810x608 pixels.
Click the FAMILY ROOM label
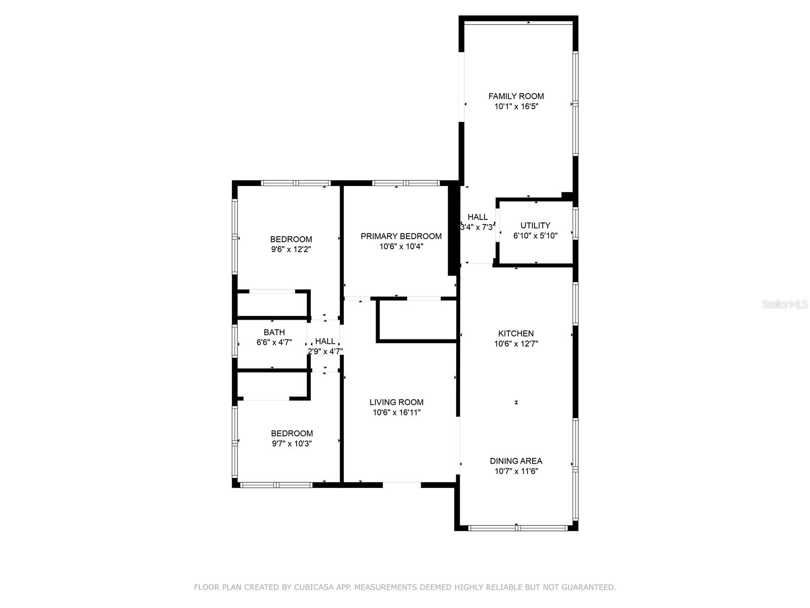[x=516, y=96]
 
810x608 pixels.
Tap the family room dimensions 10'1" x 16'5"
[x=516, y=107]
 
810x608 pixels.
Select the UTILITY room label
[x=535, y=225]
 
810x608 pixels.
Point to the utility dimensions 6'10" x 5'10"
[x=535, y=236]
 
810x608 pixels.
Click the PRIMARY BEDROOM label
[x=401, y=236]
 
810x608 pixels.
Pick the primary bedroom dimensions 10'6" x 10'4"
[x=401, y=246]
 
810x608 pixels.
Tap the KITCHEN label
[x=516, y=333]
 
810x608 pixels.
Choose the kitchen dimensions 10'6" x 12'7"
[x=516, y=344]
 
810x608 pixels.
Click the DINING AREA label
[x=516, y=461]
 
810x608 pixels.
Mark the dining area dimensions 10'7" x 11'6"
[x=516, y=471]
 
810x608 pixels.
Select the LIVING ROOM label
[x=396, y=402]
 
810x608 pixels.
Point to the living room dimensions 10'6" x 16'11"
[x=397, y=412]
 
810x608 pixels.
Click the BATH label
[x=274, y=332]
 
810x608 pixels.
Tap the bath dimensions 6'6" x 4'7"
[x=274, y=342]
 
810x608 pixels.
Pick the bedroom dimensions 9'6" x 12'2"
[x=291, y=249]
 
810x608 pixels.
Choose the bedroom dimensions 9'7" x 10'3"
[x=292, y=443]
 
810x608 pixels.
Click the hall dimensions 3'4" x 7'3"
[x=477, y=227]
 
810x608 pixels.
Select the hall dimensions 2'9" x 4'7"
[x=325, y=351]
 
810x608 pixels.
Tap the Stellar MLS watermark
[x=785, y=304]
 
